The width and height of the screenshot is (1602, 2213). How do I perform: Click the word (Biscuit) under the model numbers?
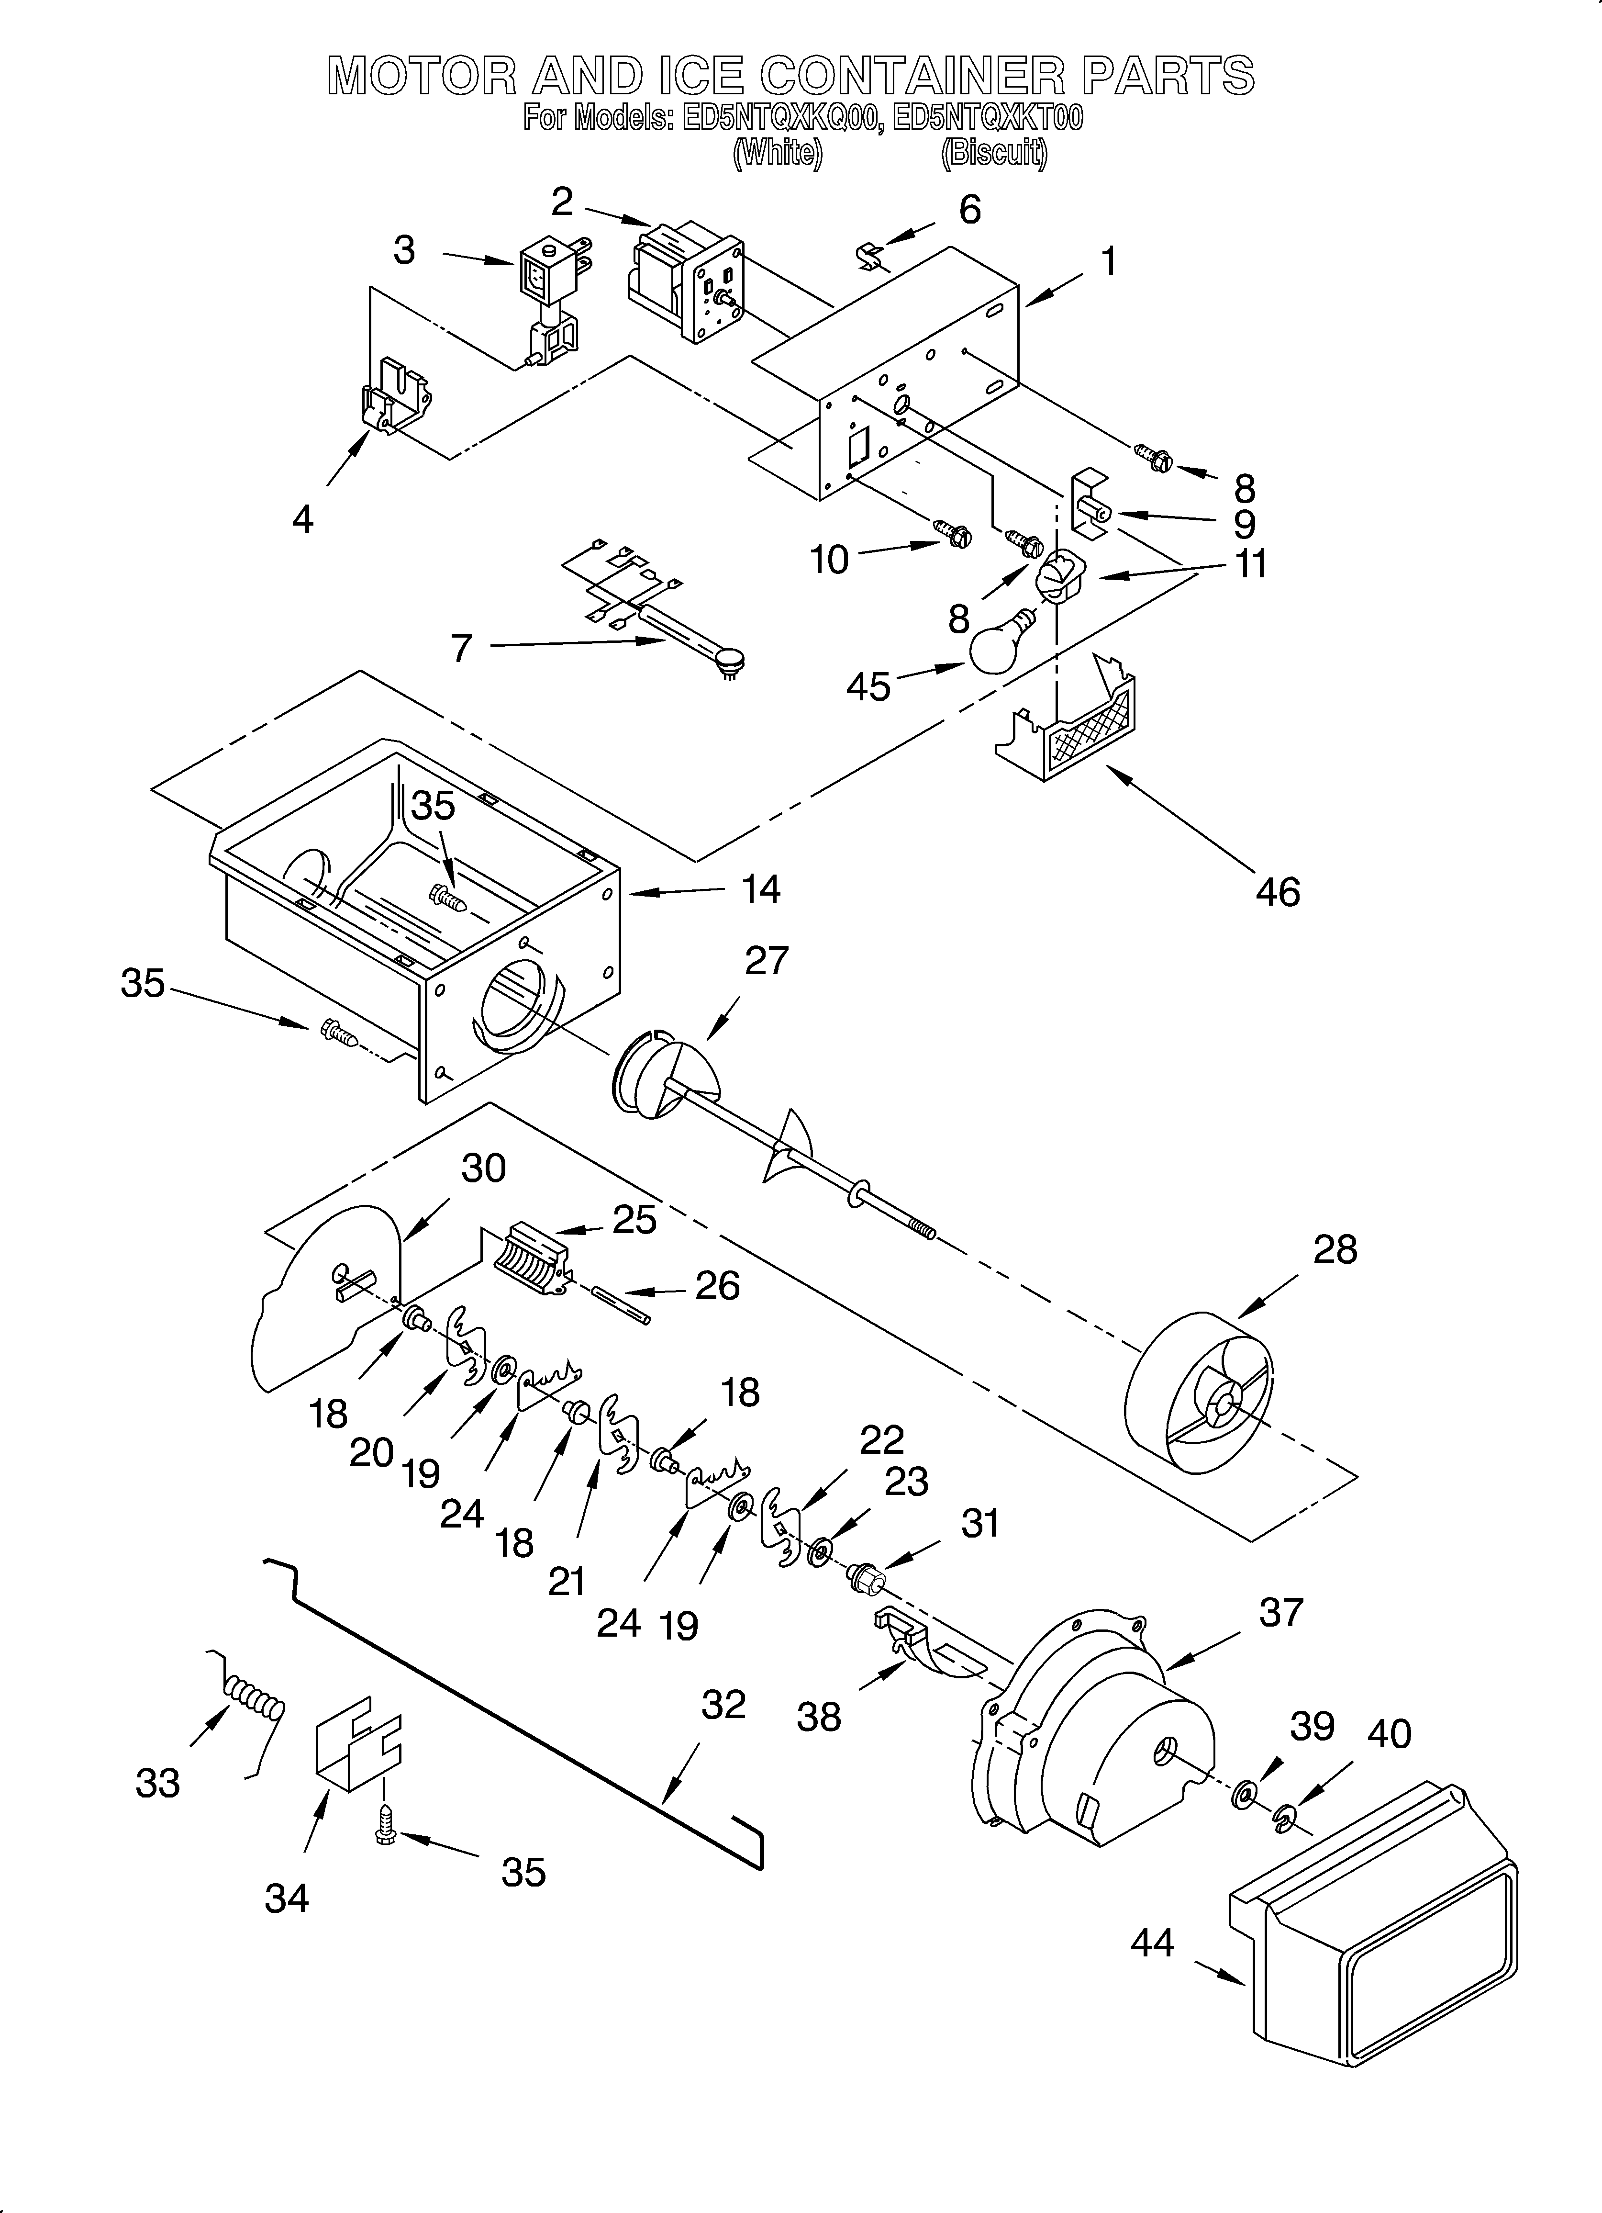click(x=994, y=153)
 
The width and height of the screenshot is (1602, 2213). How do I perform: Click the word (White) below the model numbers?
click(x=778, y=153)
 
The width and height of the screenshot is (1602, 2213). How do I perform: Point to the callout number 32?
click(x=723, y=1705)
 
